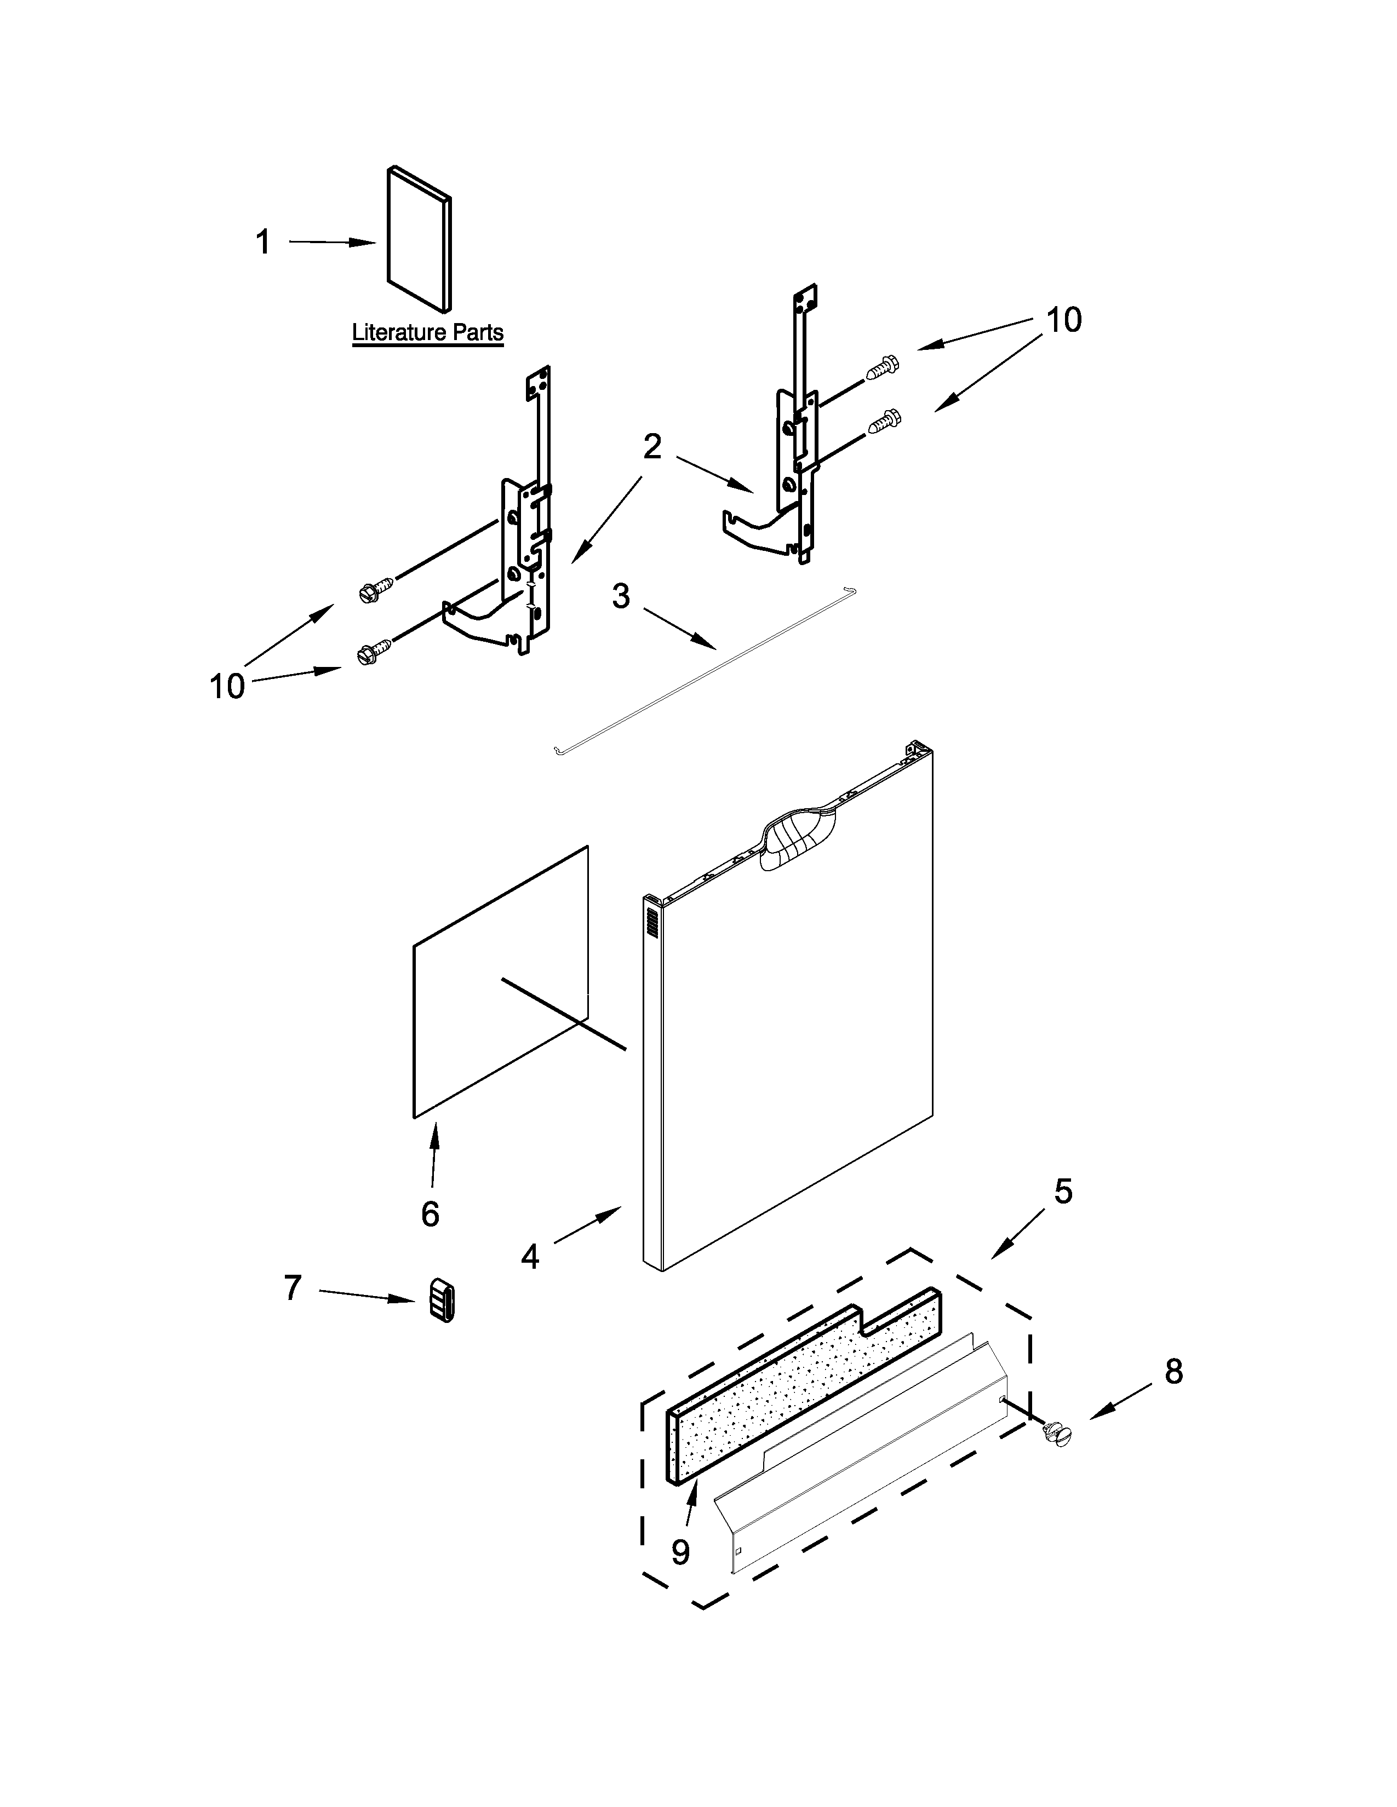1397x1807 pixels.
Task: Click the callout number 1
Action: pyautogui.click(x=262, y=243)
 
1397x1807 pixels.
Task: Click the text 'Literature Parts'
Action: pyautogui.click(x=428, y=332)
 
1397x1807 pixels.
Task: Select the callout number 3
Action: pyautogui.click(x=621, y=596)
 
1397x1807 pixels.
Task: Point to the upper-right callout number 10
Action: pyautogui.click(x=1063, y=319)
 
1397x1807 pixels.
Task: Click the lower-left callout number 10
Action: pyautogui.click(x=227, y=686)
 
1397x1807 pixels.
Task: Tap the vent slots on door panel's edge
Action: pyautogui.click(x=651, y=923)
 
